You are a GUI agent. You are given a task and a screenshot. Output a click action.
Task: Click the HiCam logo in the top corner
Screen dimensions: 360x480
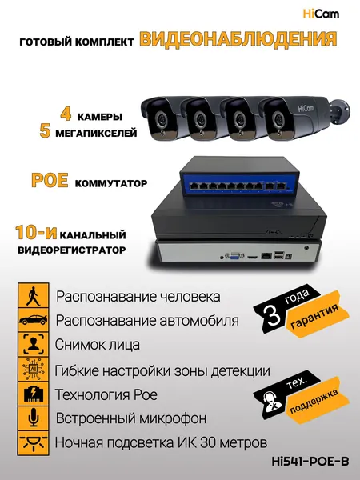(321, 14)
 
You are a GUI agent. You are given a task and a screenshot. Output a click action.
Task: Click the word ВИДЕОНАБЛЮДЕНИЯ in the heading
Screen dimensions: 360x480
(238, 39)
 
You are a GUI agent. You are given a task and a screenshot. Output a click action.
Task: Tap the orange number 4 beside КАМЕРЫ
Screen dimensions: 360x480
(66, 114)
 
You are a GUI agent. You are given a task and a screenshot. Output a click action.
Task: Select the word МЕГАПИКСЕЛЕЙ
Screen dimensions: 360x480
(96, 133)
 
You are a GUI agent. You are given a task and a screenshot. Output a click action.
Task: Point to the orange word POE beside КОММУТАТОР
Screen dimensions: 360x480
(50, 180)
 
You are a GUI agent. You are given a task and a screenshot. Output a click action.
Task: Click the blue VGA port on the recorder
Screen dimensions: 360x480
(234, 256)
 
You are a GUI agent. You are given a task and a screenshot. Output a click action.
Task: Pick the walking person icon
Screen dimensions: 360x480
(33, 296)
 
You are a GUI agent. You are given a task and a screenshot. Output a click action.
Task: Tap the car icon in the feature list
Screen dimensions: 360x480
(33, 320)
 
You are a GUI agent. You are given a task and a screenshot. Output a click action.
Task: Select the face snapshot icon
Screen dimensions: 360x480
(33, 344)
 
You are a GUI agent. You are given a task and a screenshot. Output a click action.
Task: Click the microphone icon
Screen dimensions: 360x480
(33, 418)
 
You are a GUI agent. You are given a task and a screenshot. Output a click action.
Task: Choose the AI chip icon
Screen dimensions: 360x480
(33, 369)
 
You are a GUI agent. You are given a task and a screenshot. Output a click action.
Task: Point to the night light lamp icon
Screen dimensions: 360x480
(33, 443)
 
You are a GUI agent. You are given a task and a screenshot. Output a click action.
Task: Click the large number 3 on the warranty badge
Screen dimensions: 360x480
(273, 315)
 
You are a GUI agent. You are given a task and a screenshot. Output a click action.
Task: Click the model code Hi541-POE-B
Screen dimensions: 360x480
(310, 462)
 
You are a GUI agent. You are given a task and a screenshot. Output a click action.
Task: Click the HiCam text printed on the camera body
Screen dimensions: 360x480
(306, 108)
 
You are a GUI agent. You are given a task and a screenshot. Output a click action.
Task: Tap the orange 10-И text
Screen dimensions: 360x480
(36, 233)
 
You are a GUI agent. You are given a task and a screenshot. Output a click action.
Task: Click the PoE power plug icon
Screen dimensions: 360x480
(33, 394)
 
